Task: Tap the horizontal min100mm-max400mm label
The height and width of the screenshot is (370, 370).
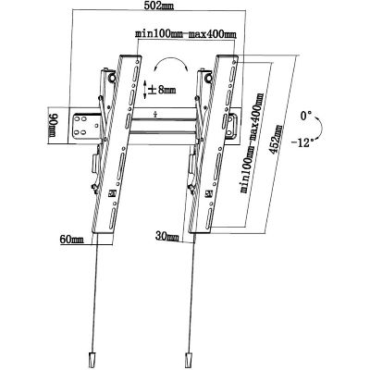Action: coord(186,34)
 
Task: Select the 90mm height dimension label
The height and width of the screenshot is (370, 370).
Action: coord(53,126)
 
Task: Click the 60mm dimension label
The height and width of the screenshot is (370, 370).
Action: coord(72,240)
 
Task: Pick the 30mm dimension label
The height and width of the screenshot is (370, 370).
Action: coord(167,237)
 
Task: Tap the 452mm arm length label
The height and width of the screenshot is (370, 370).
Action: coord(276,140)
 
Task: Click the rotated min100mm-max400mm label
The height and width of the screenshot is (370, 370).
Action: coord(253,142)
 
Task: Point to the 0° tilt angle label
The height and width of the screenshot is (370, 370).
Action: coord(306,117)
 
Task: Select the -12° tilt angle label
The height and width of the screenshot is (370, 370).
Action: coord(302,142)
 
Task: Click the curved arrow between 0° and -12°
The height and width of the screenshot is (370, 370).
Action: coord(321,128)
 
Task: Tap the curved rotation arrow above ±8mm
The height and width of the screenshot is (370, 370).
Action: coord(170,63)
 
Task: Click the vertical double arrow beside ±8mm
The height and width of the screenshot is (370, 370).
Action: coord(145,90)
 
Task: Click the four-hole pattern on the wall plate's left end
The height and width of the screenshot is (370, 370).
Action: coord(80,125)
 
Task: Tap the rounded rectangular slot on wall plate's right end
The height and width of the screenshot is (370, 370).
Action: coord(231,126)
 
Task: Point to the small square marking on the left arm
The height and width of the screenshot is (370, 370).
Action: coord(112,193)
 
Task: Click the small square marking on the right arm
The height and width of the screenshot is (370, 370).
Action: coord(209,193)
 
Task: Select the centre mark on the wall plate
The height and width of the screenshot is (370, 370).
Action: coord(155,114)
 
